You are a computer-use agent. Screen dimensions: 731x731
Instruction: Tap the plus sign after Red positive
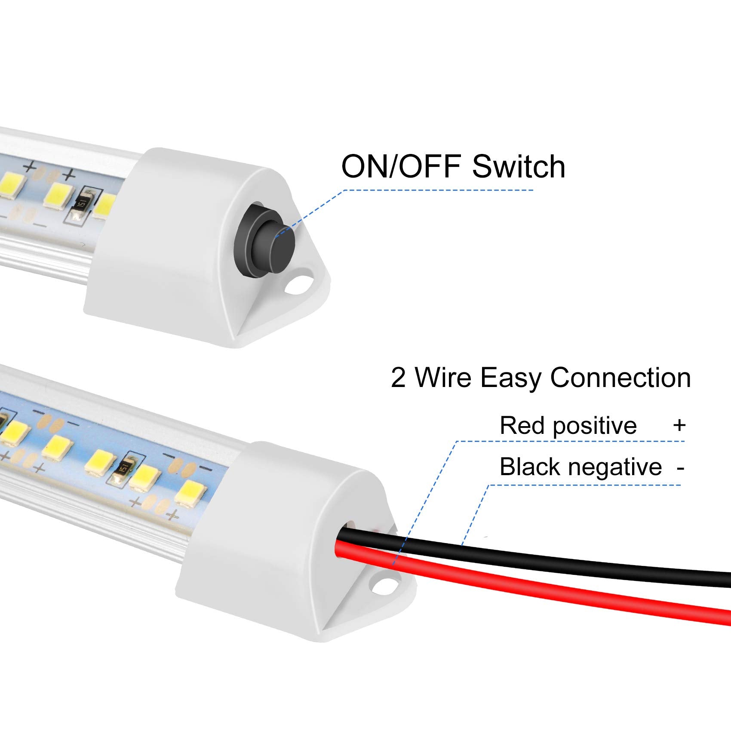[679, 425]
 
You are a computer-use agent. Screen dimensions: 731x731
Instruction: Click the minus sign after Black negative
[680, 468]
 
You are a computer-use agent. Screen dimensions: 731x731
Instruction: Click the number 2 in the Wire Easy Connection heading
[398, 378]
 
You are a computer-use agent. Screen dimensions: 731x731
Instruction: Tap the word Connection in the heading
[620, 378]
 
